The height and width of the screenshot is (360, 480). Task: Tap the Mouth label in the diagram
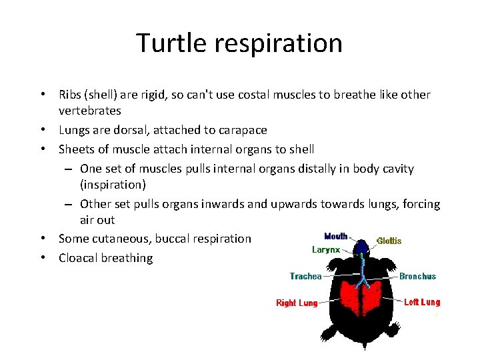pyautogui.click(x=335, y=237)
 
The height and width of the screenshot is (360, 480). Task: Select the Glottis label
pyautogui.click(x=389, y=241)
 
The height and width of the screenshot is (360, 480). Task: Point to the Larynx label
pyautogui.click(x=326, y=250)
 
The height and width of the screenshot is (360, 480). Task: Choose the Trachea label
pyautogui.click(x=305, y=276)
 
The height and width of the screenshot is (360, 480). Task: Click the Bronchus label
pyautogui.click(x=417, y=276)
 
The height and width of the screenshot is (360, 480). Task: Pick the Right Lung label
pyautogui.click(x=297, y=303)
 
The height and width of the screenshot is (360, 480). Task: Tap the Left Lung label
pyautogui.click(x=422, y=302)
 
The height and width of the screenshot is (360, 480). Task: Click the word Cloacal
pyautogui.click(x=78, y=258)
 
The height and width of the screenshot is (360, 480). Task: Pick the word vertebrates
pyautogui.click(x=89, y=111)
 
